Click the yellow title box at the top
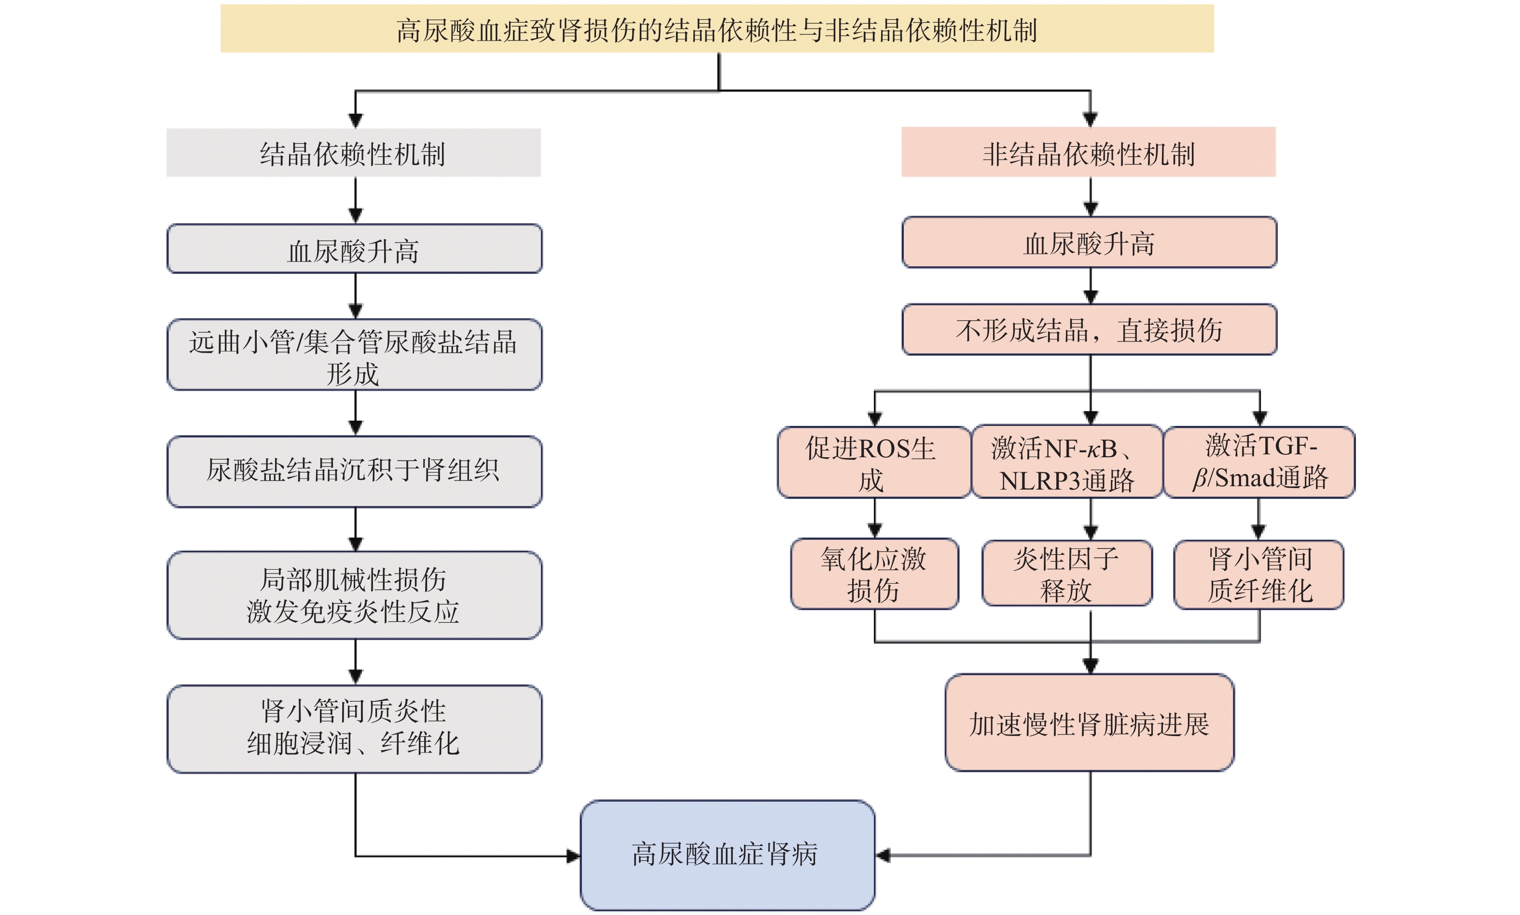[x=717, y=29]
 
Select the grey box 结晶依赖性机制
[x=353, y=153]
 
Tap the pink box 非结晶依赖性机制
[x=1088, y=152]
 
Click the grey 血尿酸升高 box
[x=355, y=249]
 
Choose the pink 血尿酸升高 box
[x=1089, y=242]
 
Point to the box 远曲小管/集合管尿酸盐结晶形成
[x=355, y=355]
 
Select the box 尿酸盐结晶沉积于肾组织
[x=355, y=472]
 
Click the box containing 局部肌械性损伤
[x=355, y=595]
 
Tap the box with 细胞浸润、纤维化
[x=355, y=728]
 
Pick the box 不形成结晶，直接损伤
[x=1089, y=329]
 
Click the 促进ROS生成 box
[x=872, y=463]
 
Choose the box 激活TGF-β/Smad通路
[x=1258, y=463]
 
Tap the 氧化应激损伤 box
[x=874, y=574]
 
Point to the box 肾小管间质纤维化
[x=1258, y=574]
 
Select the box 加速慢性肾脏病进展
[x=1089, y=723]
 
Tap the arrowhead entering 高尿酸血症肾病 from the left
[x=573, y=856]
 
